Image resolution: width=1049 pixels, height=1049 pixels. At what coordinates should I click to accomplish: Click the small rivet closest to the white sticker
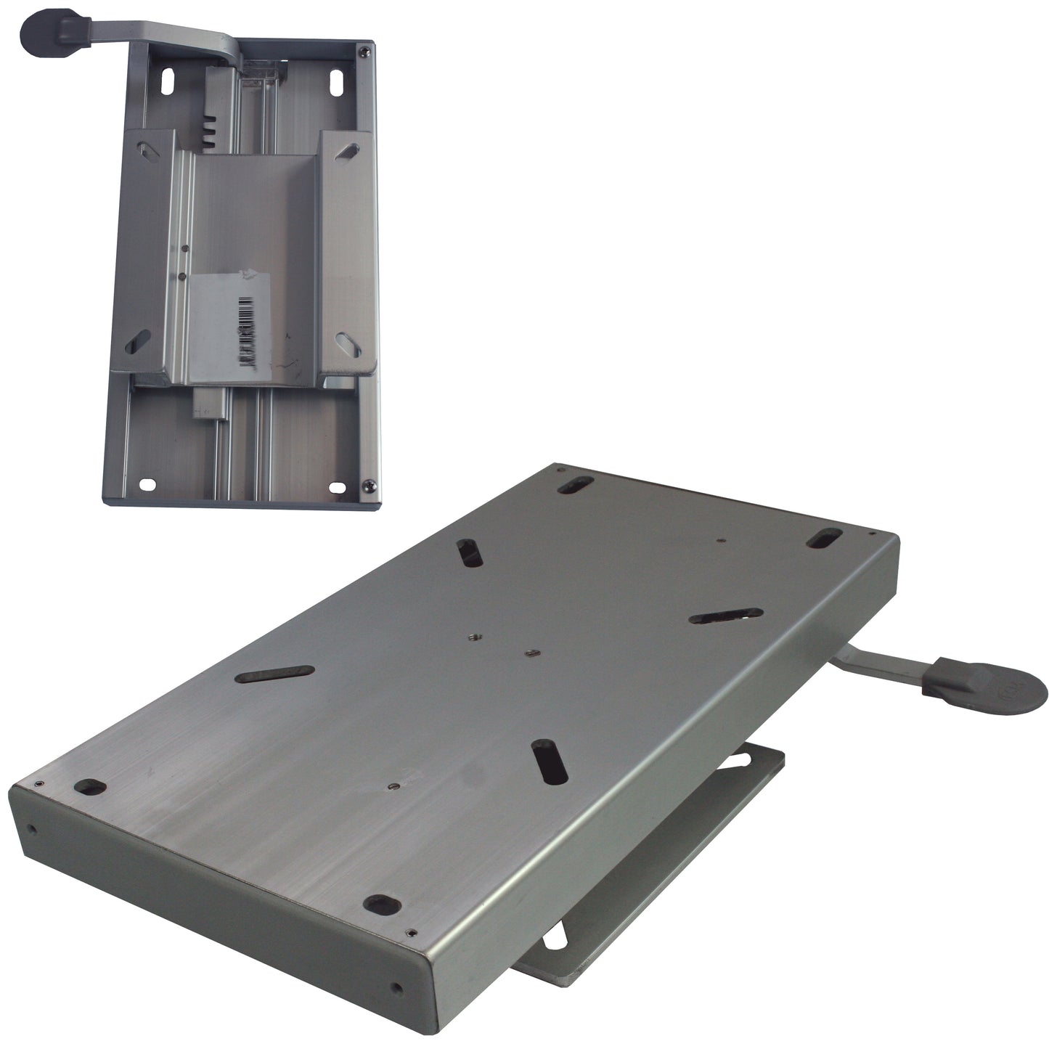[x=181, y=276]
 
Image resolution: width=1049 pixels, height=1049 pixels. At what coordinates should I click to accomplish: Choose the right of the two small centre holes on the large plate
[x=530, y=654]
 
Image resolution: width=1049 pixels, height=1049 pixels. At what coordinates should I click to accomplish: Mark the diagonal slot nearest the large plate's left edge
[x=275, y=674]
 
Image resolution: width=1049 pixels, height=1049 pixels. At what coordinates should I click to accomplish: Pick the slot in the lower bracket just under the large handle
[x=744, y=759]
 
